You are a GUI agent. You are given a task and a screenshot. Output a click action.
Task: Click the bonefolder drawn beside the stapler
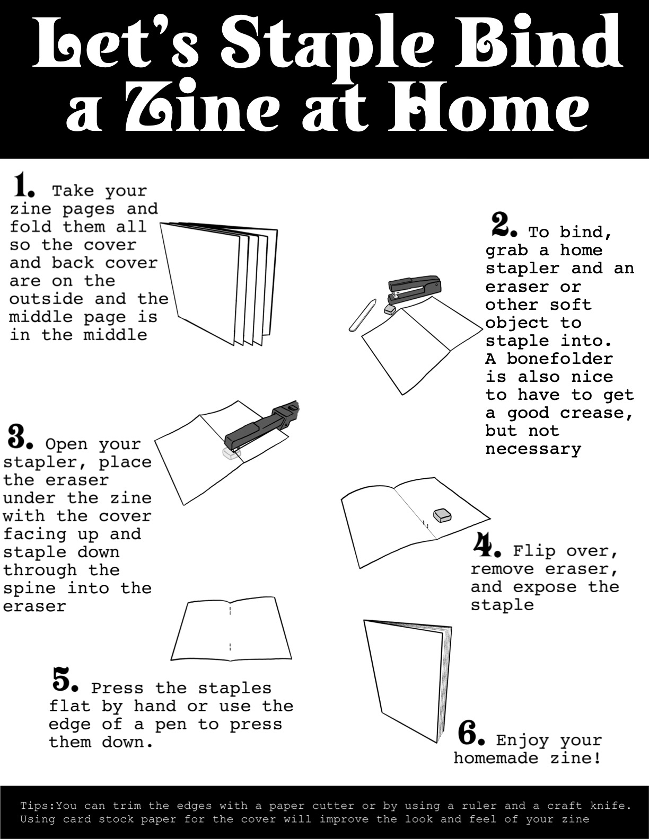pos(363,315)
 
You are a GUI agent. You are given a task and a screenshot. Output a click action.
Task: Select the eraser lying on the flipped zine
pos(442,515)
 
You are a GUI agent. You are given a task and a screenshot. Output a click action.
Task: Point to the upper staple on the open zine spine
pos(230,610)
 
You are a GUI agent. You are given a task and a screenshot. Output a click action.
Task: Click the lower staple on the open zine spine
pos(230,647)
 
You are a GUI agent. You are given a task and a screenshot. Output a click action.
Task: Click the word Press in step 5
pos(117,688)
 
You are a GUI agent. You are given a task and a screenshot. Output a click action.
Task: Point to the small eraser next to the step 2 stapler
pos(390,309)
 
